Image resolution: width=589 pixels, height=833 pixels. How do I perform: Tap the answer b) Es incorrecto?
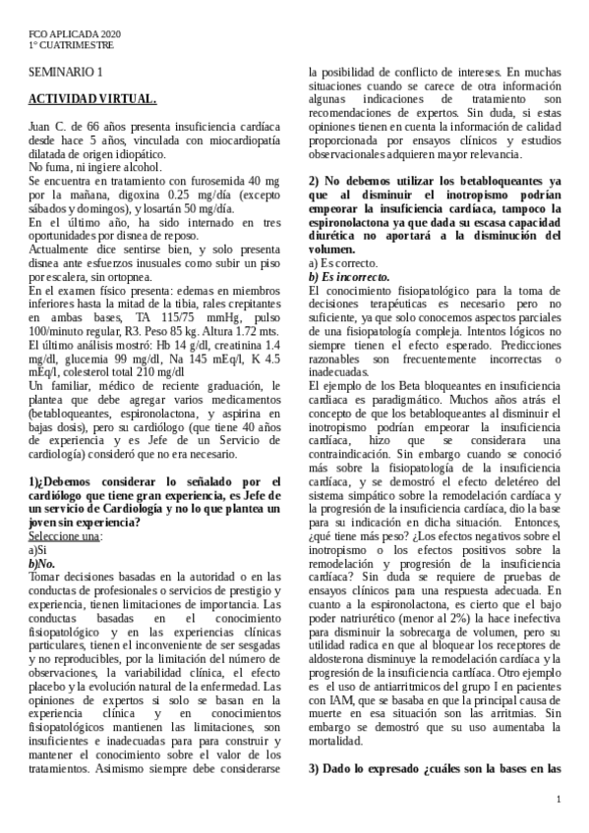(349, 277)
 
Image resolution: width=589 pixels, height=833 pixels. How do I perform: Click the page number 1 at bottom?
(559, 801)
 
